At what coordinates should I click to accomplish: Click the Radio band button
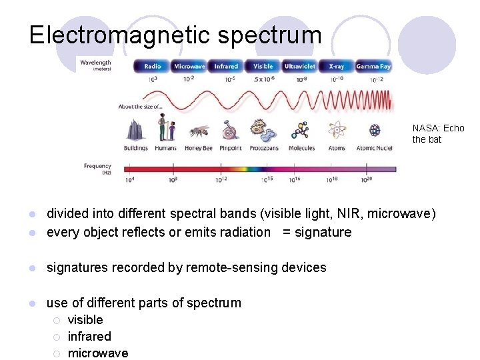pyautogui.click(x=152, y=66)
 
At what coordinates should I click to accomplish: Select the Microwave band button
pyautogui.click(x=189, y=66)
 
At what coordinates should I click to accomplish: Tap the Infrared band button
pyautogui.click(x=226, y=66)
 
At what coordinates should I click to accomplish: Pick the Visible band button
pyautogui.click(x=263, y=66)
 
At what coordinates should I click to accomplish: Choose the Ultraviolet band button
pyautogui.click(x=299, y=66)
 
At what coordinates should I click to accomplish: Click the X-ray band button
pyautogui.click(x=336, y=66)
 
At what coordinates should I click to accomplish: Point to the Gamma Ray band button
pyautogui.click(x=373, y=66)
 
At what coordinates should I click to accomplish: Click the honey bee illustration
pyautogui.click(x=198, y=131)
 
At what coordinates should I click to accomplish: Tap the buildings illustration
pyautogui.click(x=136, y=129)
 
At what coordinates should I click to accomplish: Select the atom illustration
pyautogui.click(x=337, y=129)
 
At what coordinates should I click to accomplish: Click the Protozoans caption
pyautogui.click(x=264, y=148)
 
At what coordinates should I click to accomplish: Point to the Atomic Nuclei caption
pyautogui.click(x=375, y=148)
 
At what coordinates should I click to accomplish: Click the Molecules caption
pyautogui.click(x=301, y=148)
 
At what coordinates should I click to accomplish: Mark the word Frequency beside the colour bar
pyautogui.click(x=97, y=166)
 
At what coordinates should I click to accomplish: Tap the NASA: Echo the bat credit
pyautogui.click(x=437, y=134)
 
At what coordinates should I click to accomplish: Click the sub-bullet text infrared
pyautogui.click(x=89, y=336)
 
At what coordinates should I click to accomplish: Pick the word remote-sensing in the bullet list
pyautogui.click(x=231, y=267)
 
